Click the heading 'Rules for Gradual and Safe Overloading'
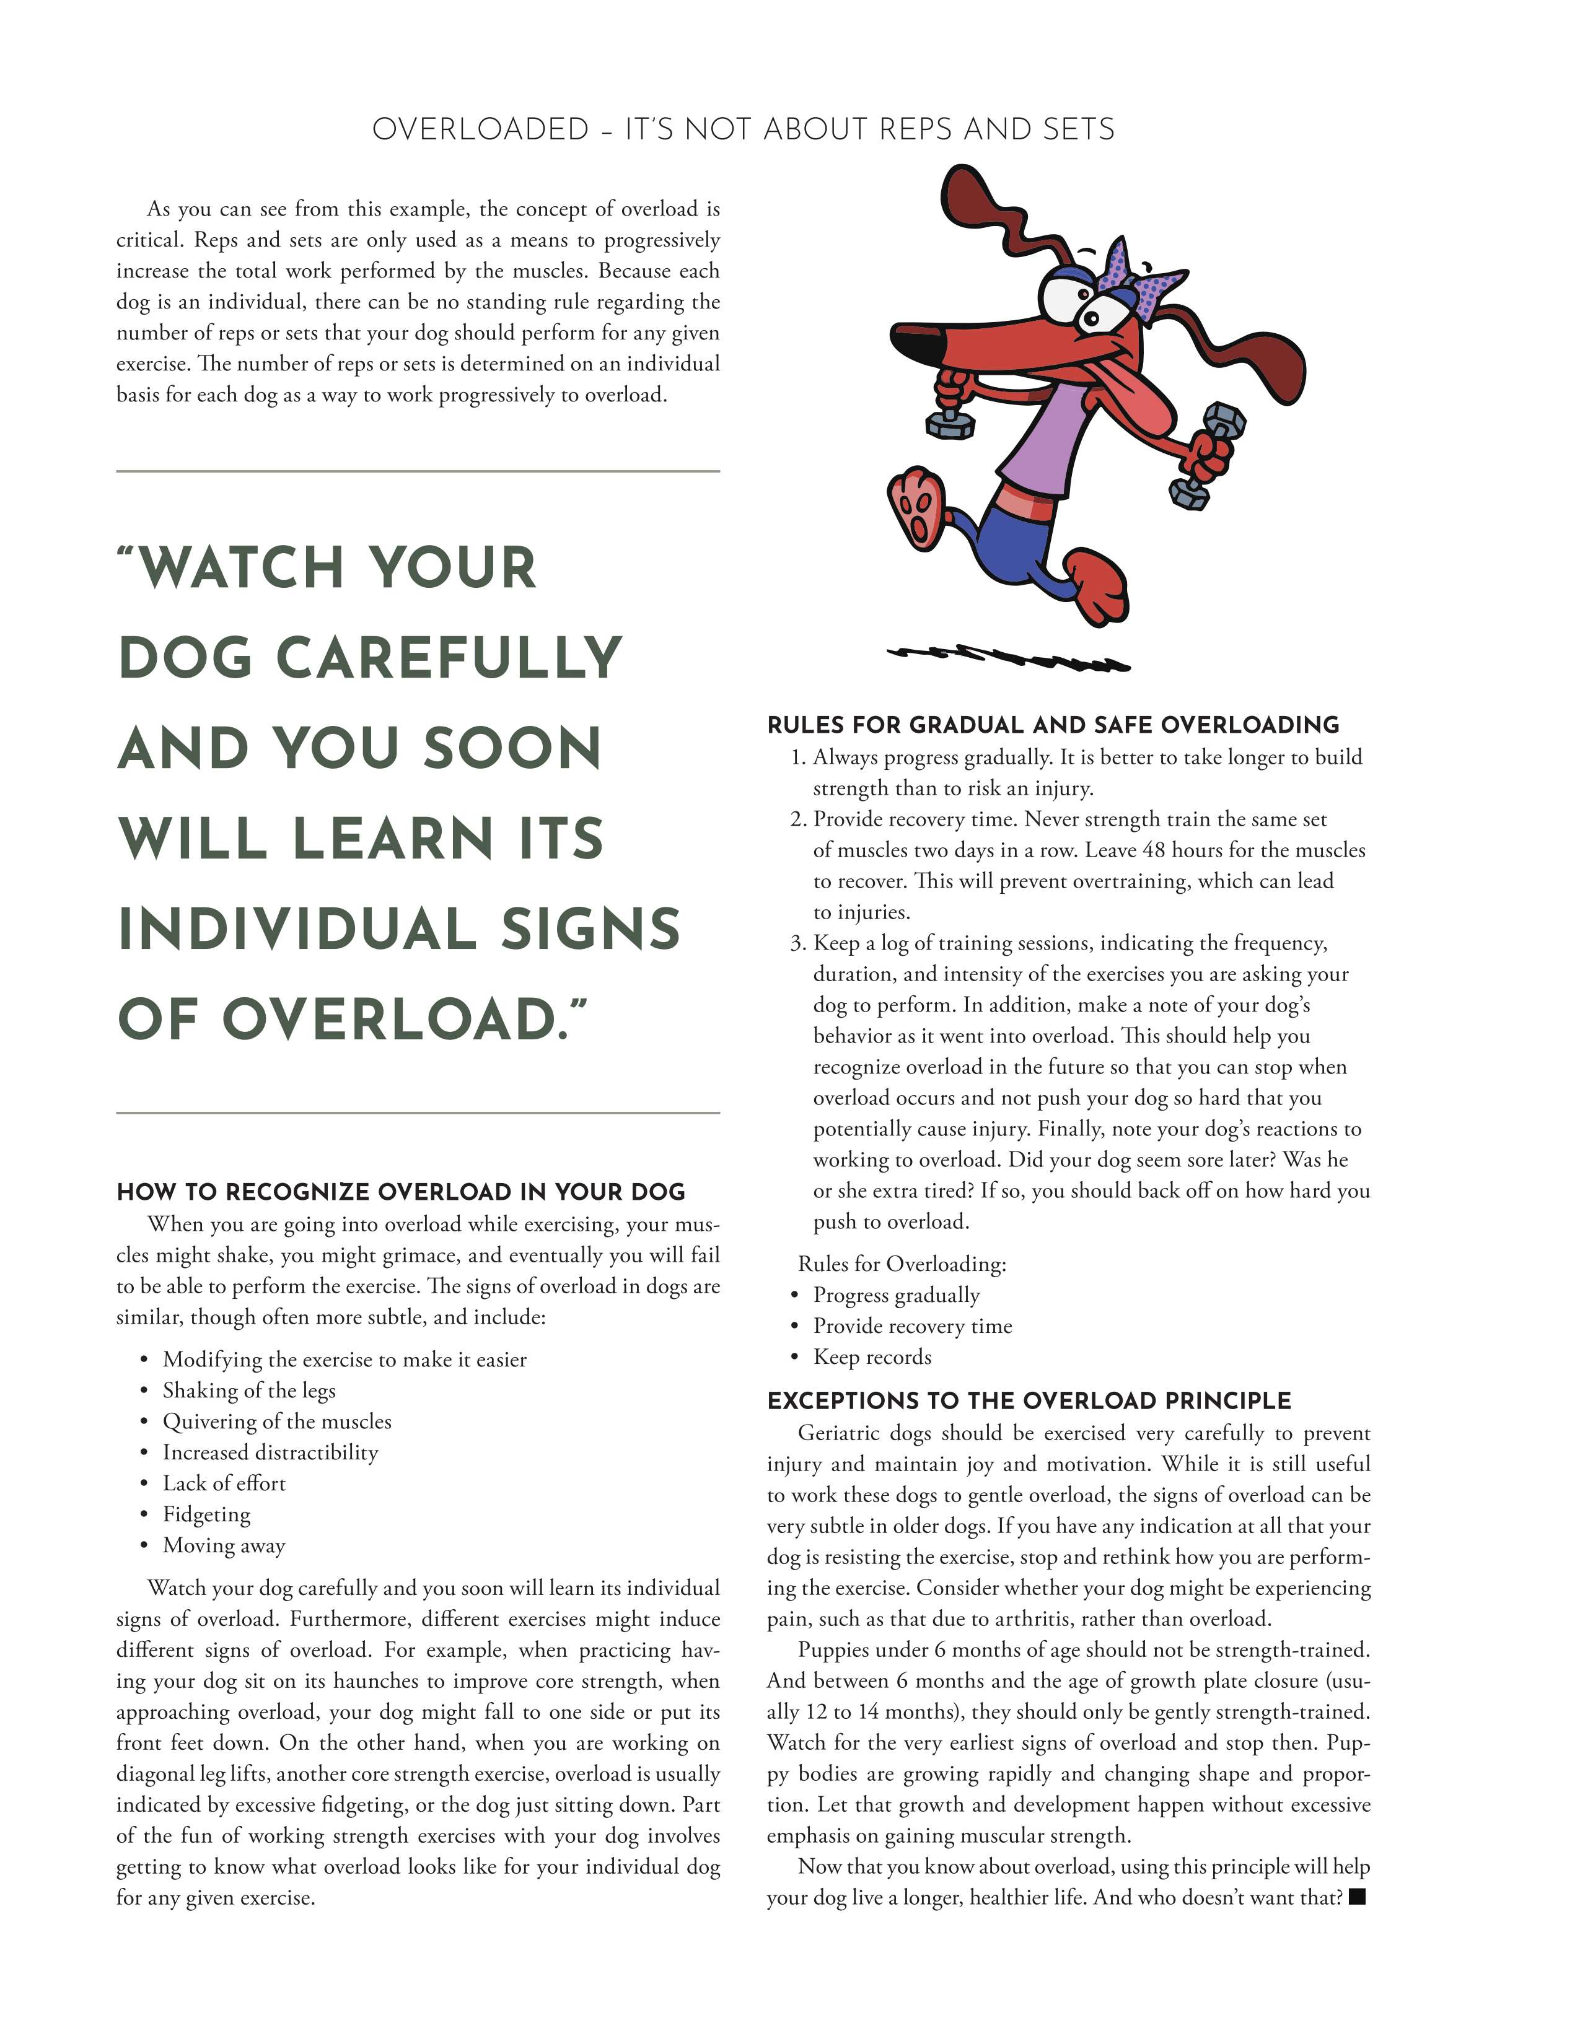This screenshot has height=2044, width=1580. pyautogui.click(x=1053, y=725)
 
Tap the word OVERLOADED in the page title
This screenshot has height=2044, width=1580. pyautogui.click(x=480, y=129)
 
